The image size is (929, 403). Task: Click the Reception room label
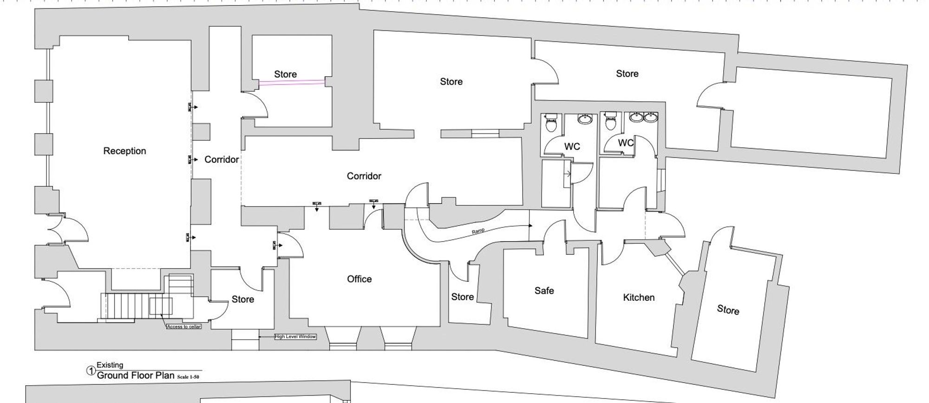pos(124,151)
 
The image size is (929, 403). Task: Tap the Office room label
pos(359,279)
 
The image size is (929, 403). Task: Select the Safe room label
pos(544,291)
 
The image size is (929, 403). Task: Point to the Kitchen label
pos(639,297)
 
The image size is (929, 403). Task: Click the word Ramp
pos(478,231)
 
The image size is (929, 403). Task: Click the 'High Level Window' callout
pos(295,337)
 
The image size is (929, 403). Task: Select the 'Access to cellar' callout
pos(184,327)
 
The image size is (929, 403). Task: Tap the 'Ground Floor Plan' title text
pos(136,375)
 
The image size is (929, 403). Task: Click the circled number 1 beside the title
pos(91,371)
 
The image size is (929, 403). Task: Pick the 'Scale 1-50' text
pos(188,377)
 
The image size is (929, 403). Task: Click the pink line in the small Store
pos(292,83)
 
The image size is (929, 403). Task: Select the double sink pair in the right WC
pos(643,117)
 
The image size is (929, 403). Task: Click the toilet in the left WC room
pos(551,124)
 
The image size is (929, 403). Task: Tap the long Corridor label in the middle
pos(364,176)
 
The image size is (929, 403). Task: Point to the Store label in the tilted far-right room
pos(727,310)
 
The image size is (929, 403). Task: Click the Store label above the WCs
pos(627,74)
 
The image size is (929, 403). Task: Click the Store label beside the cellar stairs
pos(242,299)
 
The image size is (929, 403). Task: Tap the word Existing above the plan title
pos(110,365)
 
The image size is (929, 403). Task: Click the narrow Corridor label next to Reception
pos(222,159)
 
